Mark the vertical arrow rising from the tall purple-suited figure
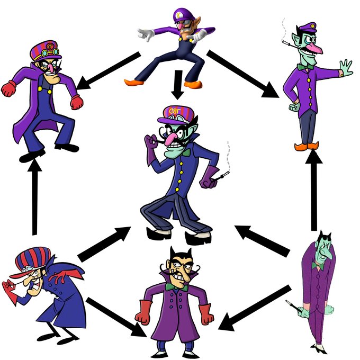coord(314,191)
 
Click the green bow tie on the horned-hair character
coord(170,286)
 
